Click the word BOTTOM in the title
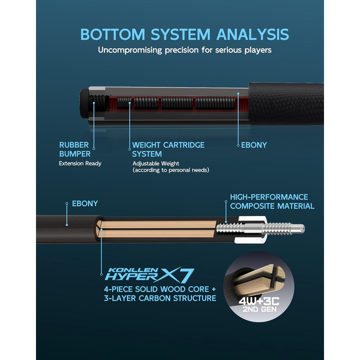click(113, 34)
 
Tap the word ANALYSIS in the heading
click(253, 34)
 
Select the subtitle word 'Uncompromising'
click(130, 50)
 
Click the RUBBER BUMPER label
click(75, 150)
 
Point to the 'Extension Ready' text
click(80, 164)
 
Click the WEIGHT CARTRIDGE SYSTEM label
click(168, 150)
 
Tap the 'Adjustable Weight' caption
click(156, 164)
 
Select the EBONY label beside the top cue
click(254, 145)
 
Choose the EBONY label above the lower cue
click(85, 204)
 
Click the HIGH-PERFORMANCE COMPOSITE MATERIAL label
click(272, 202)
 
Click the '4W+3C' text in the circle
click(259, 301)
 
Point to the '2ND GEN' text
click(259, 309)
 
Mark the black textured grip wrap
click(286, 104)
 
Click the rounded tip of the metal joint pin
click(302, 229)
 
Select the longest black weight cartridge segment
click(215, 103)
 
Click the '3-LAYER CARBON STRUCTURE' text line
click(160, 298)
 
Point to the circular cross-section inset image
click(259, 287)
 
